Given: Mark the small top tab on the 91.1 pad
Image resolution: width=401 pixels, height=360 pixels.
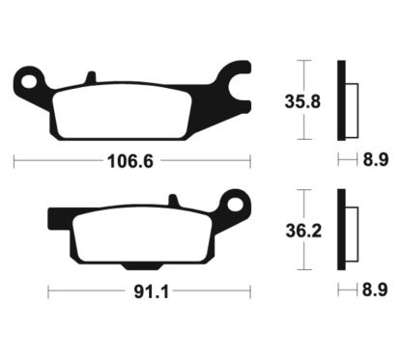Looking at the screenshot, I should tap(174, 201).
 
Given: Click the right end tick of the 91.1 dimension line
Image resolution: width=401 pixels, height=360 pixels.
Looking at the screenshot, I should tap(249, 289).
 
